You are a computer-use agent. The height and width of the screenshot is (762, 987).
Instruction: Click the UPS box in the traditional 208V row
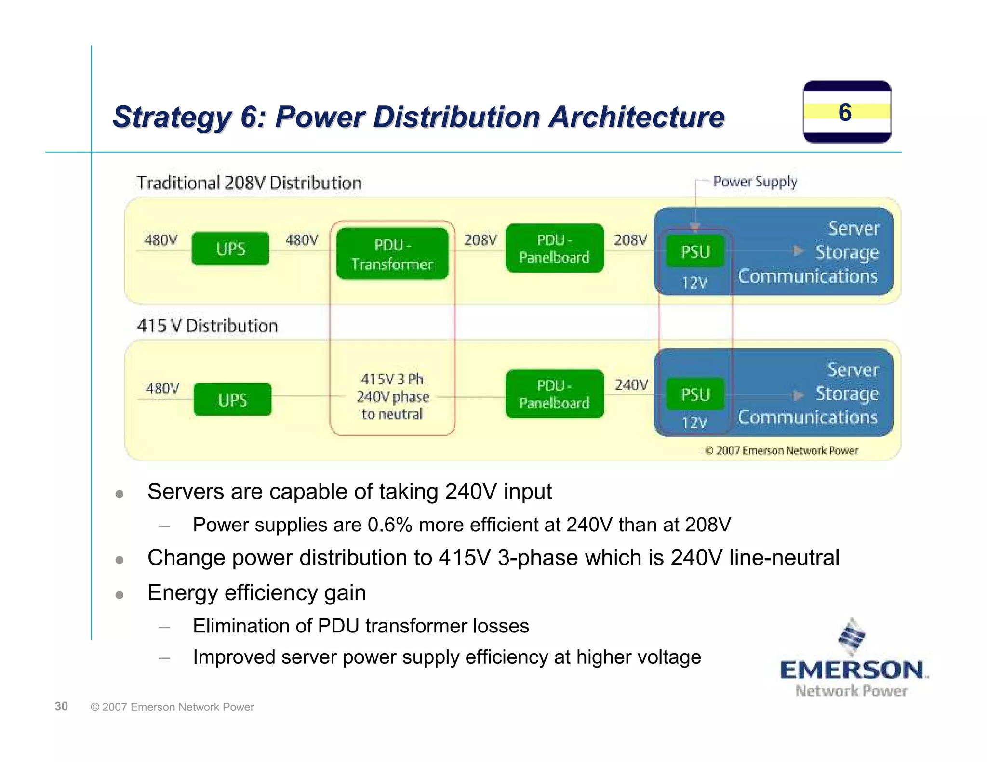pos(230,249)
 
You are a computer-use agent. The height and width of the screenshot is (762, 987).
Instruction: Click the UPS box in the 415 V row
pos(232,399)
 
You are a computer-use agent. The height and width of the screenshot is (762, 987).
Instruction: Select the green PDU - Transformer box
pos(392,254)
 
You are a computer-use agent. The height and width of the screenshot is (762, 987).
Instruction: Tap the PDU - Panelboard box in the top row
pos(554,248)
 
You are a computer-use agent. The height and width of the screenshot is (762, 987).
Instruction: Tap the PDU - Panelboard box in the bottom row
pos(554,394)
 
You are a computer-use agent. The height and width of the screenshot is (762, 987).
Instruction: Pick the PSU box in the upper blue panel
pos(695,251)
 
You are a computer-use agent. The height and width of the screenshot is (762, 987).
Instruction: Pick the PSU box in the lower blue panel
pos(695,394)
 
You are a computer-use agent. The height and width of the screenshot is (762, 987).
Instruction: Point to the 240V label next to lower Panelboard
pos(631,385)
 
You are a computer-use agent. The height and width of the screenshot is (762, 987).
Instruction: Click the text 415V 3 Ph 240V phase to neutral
pos(392,396)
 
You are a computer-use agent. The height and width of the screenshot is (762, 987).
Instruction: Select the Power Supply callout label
pos(755,182)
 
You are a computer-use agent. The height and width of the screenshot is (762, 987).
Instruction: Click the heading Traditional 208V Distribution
pos(249,183)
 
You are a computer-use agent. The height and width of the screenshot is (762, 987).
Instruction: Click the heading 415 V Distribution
pos(207,326)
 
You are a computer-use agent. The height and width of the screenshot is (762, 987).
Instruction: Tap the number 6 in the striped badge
pos(845,112)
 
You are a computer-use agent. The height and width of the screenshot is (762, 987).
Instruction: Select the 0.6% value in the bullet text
pos(389,525)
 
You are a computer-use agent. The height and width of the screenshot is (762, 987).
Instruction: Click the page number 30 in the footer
pos(61,706)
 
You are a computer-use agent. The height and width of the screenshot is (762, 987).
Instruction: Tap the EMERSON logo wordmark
pos(852,670)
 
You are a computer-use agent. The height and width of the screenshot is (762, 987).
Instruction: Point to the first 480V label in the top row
pos(160,240)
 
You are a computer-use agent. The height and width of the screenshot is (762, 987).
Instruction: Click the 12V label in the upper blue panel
pos(694,283)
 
